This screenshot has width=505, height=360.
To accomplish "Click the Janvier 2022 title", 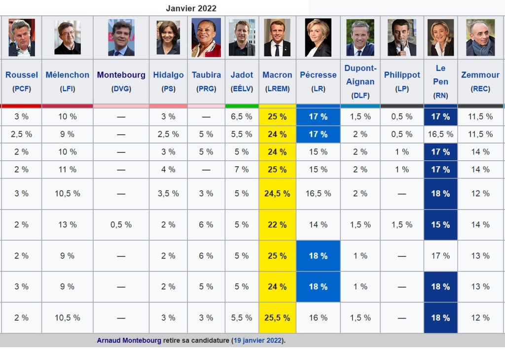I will coord(191,8).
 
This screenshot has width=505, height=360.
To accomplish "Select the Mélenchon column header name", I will coord(68,75).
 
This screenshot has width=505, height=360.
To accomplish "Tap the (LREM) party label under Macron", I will coord(277,89).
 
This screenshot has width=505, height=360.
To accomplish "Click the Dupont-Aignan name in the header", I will coord(360,75).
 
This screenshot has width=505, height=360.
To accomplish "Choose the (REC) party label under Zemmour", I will coord(480,89).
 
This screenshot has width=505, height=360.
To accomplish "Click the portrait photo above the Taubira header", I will coord(206,38).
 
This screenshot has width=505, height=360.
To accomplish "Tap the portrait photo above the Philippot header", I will coord(402,38).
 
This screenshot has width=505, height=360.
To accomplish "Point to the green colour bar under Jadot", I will coord(242,106).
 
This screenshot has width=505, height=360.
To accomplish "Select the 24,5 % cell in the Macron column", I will coord(277,194).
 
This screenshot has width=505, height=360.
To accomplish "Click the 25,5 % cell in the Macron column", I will coord(277,318).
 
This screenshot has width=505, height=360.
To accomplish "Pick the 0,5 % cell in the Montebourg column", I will coord(121,225).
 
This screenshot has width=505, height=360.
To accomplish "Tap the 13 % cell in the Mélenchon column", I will coord(68,225).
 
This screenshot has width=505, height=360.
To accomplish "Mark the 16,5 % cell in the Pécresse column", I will coord(318,194).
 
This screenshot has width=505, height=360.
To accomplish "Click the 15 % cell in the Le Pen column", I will coord(440,225).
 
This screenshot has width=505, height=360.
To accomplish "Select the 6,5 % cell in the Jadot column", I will coord(242,117).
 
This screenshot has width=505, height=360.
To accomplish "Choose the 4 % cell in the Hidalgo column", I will coord(168,170).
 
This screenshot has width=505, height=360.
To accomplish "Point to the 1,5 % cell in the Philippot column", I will coord(402,225).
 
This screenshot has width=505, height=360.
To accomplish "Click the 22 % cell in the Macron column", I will coord(277,225).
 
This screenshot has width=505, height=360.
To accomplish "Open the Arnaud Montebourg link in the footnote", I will coord(129,341).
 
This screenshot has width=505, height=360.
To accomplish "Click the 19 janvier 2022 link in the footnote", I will coord(259,341).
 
